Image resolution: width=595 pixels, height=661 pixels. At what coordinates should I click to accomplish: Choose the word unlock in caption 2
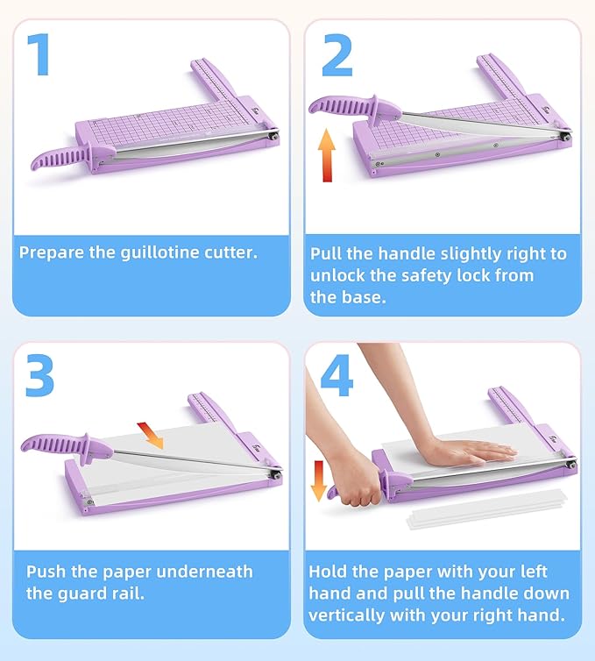tap(338, 275)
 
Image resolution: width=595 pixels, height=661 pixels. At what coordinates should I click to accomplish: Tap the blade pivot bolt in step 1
tap(274, 134)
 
